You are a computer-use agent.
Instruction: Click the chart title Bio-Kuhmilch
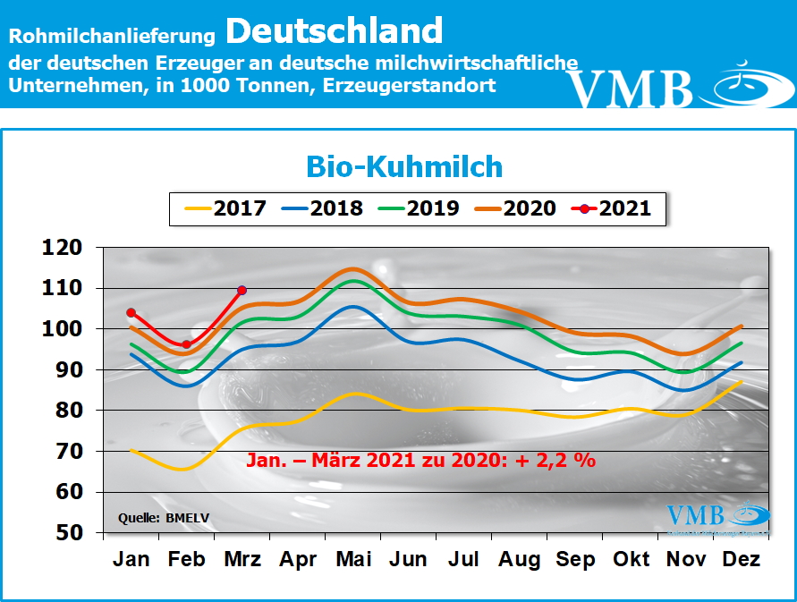[x=404, y=166]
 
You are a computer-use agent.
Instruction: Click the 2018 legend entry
[x=320, y=208]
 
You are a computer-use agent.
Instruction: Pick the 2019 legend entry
[x=417, y=208]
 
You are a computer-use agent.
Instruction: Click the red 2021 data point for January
[x=131, y=312]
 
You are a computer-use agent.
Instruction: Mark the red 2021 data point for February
[x=186, y=344]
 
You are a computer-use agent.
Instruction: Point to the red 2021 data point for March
[x=242, y=290]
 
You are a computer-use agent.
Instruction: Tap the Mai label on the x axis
[x=353, y=560]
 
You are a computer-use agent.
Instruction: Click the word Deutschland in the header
[x=334, y=32]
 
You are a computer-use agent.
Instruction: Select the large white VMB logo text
[x=631, y=88]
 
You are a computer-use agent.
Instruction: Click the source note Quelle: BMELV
[x=157, y=518]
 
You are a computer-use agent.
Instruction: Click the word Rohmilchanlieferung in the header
[x=113, y=37]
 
